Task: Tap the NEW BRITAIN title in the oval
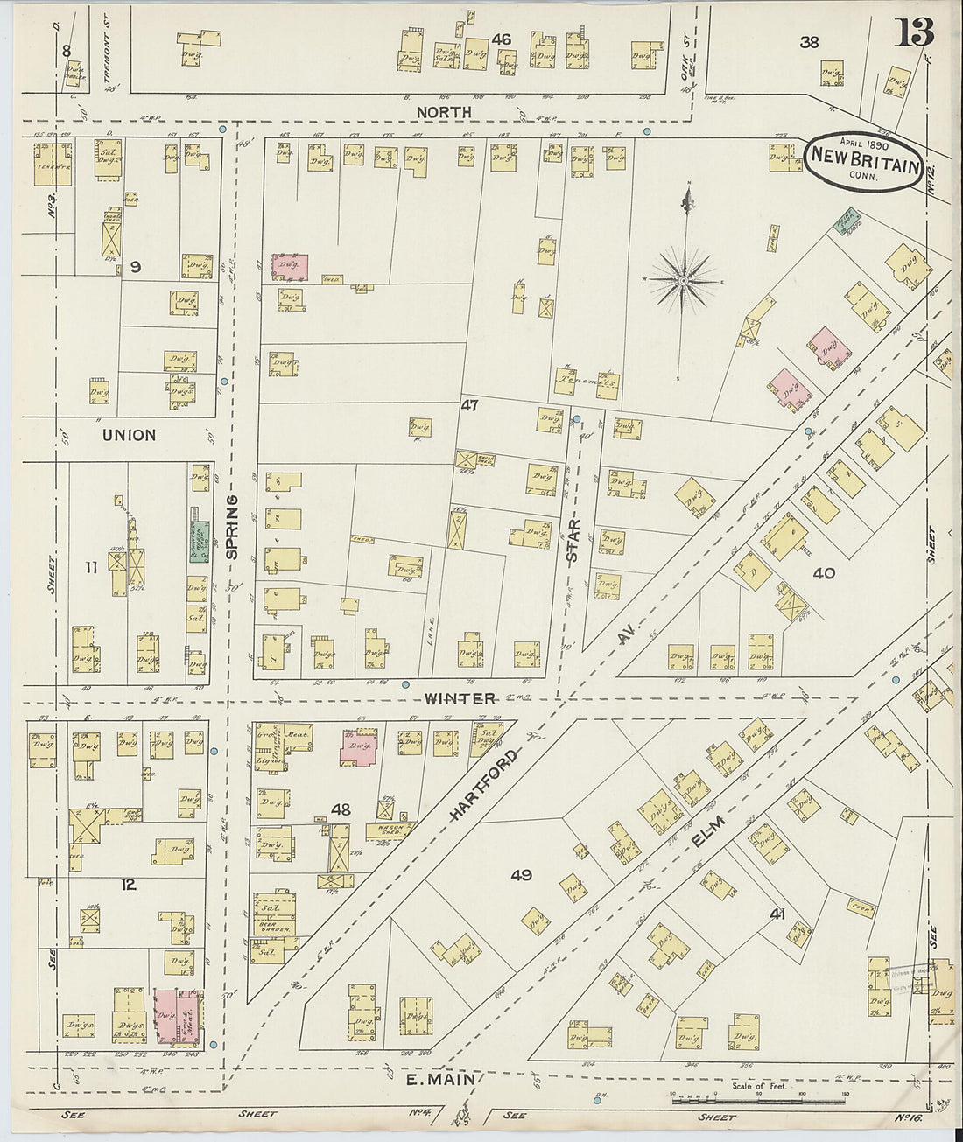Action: tap(864, 156)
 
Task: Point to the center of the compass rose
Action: tap(685, 280)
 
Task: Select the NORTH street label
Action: tap(444, 112)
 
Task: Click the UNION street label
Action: tap(129, 435)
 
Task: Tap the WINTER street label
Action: tap(460, 698)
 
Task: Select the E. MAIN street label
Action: tap(440, 1080)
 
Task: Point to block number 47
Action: tap(469, 405)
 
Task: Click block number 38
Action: tap(808, 41)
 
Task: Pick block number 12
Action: tap(129, 885)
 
